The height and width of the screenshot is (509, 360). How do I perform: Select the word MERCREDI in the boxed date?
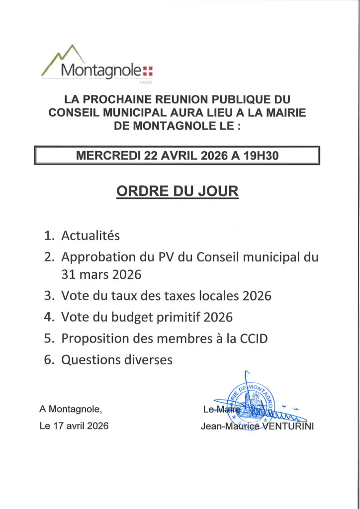(108, 156)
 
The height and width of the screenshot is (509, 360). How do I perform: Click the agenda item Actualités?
(90, 235)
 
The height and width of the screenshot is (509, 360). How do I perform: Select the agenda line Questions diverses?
(117, 360)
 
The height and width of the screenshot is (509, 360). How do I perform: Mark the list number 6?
(48, 360)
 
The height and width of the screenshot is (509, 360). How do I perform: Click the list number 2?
(48, 257)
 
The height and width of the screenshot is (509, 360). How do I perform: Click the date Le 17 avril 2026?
(74, 426)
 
